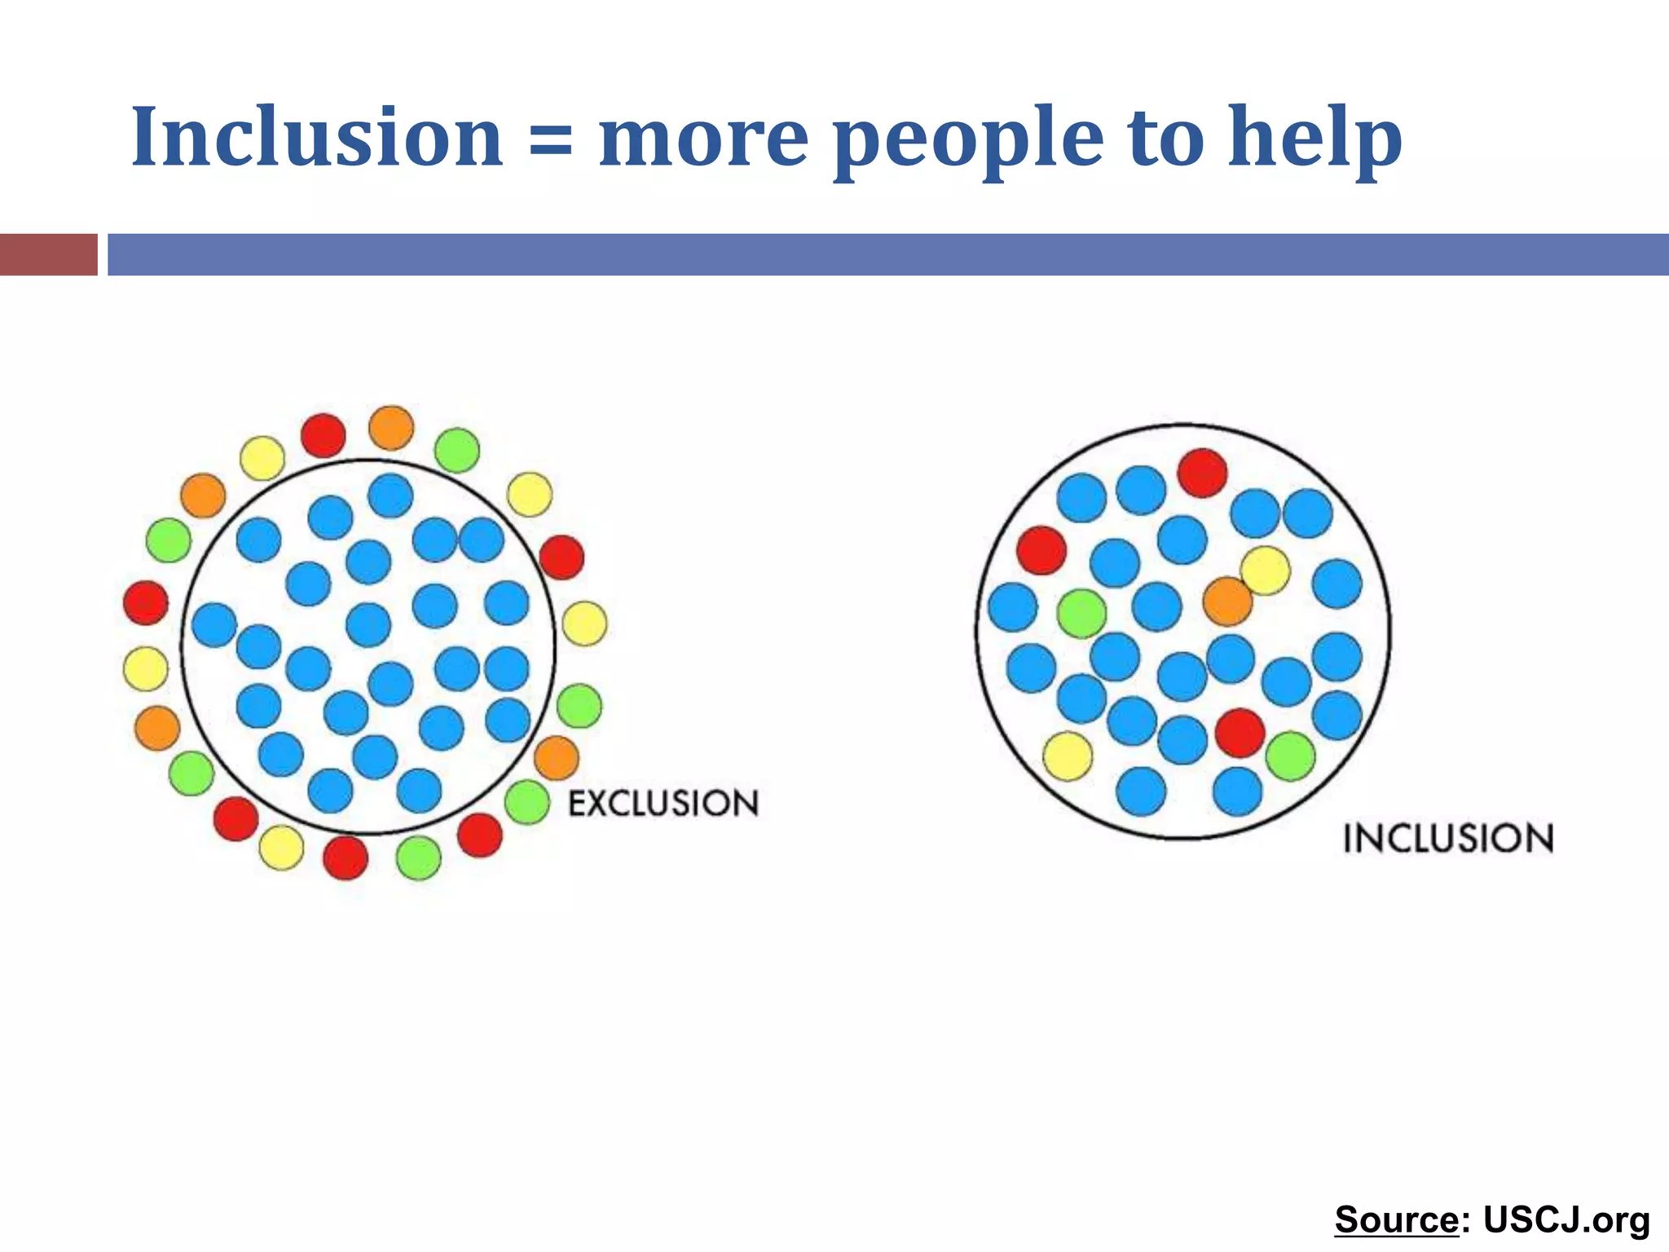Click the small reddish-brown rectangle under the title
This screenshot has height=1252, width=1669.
tap(48, 254)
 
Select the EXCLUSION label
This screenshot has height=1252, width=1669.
tap(663, 804)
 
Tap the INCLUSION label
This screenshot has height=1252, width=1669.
tap(1448, 839)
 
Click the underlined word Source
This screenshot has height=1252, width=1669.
tap(1396, 1220)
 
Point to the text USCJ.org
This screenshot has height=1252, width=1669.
tap(1566, 1220)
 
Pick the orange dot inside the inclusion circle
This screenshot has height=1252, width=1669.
tap(1227, 602)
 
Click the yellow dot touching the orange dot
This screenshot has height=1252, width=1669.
tap(1265, 571)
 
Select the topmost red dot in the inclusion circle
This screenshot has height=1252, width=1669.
tap(1202, 473)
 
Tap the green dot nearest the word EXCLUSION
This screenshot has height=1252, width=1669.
tap(527, 802)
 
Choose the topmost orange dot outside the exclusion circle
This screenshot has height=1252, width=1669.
tap(391, 428)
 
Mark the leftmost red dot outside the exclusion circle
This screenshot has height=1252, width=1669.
tap(146, 603)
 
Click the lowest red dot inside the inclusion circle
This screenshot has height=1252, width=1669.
tap(1240, 733)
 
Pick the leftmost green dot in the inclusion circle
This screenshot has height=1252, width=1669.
tap(1081, 614)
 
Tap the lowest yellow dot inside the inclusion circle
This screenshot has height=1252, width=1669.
tap(1068, 756)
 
